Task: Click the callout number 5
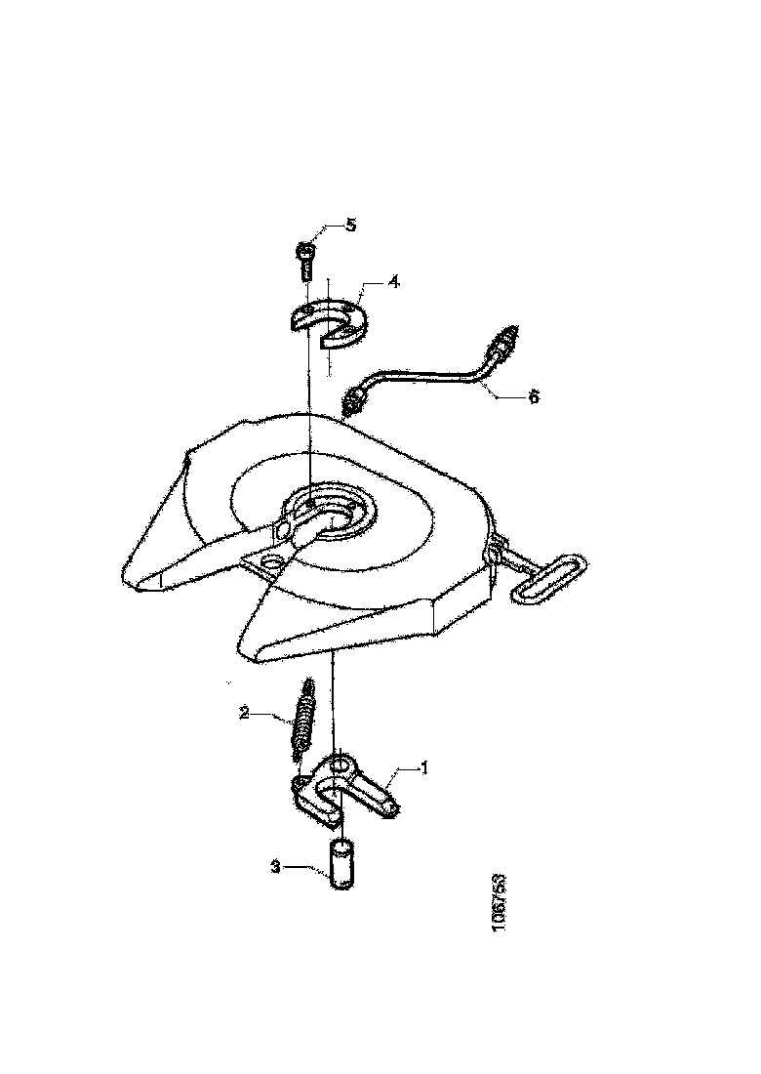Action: coord(350,226)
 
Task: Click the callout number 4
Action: coord(394,282)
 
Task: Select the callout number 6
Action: coord(534,395)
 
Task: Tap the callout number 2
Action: coord(244,713)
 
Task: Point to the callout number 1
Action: coord(424,767)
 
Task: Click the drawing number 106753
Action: coord(499,903)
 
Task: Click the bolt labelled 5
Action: coord(306,259)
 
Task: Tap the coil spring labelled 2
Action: coord(301,720)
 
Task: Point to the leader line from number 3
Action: coord(306,868)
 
